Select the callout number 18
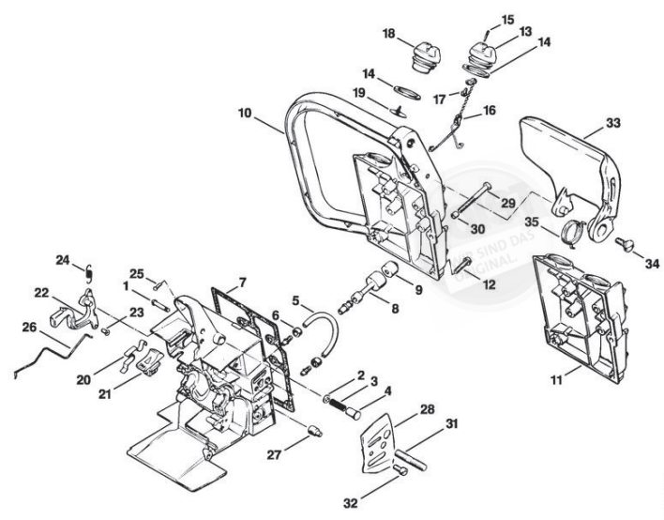pos(387,34)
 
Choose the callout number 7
pos(243,281)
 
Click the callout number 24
pos(63,260)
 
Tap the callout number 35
pos(531,223)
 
